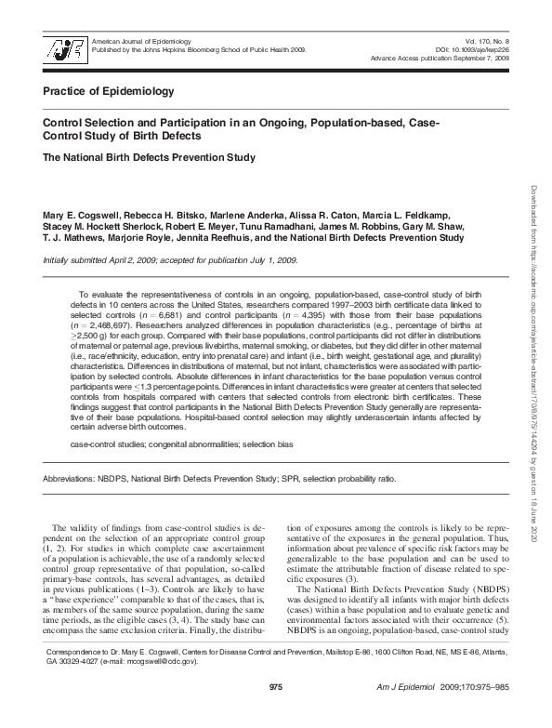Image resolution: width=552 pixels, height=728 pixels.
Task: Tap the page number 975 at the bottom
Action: click(275, 712)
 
